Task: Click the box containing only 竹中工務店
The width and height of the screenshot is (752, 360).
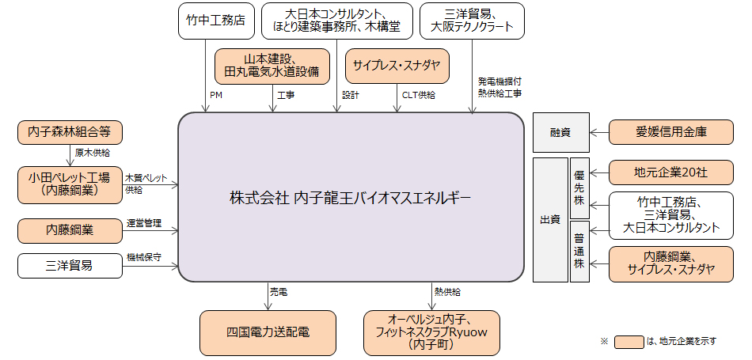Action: pyautogui.click(x=210, y=21)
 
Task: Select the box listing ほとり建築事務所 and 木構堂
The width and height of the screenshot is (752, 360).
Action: pyautogui.click(x=336, y=21)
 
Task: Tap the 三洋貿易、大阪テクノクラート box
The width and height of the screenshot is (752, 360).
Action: pyautogui.click(x=472, y=21)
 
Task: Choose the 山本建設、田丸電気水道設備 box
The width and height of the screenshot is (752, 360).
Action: pyautogui.click(x=272, y=66)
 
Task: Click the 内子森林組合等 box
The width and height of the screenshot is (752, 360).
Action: pyautogui.click(x=70, y=132)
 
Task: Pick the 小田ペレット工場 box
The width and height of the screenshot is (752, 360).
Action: pyautogui.click(x=70, y=184)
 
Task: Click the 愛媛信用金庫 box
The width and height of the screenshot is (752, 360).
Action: pyautogui.click(x=670, y=132)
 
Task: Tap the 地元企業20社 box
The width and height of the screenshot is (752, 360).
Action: pyautogui.click(x=670, y=172)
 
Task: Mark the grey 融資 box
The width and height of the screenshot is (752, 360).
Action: pyautogui.click(x=560, y=132)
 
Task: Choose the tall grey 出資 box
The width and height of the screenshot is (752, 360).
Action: pyautogui.click(x=549, y=220)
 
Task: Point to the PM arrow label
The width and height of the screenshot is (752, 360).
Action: pyautogui.click(x=215, y=94)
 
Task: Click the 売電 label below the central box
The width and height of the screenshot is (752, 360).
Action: pyautogui.click(x=279, y=293)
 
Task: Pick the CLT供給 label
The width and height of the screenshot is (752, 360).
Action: pyautogui.click(x=416, y=94)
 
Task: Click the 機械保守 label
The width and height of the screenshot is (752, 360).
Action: pyautogui.click(x=144, y=258)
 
